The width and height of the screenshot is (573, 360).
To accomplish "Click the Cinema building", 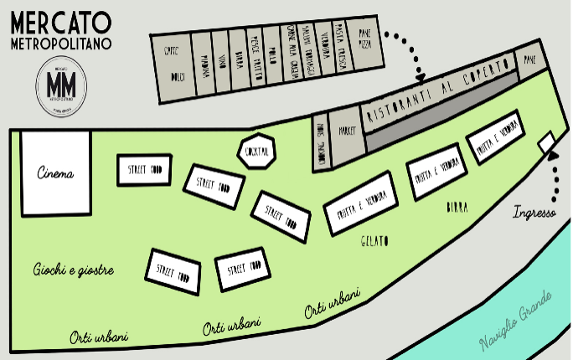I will (x=55, y=174).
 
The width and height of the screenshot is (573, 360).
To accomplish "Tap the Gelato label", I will (x=374, y=241).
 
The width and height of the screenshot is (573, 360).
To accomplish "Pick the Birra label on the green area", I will (x=457, y=206).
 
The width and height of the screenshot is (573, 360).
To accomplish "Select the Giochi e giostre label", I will (x=74, y=270).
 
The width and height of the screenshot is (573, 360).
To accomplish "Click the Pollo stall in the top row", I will (x=271, y=52).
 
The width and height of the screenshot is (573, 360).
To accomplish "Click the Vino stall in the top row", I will (x=222, y=59).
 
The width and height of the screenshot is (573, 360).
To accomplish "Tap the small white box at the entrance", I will (x=547, y=143).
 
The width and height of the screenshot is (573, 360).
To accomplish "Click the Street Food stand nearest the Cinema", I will (x=144, y=170).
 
